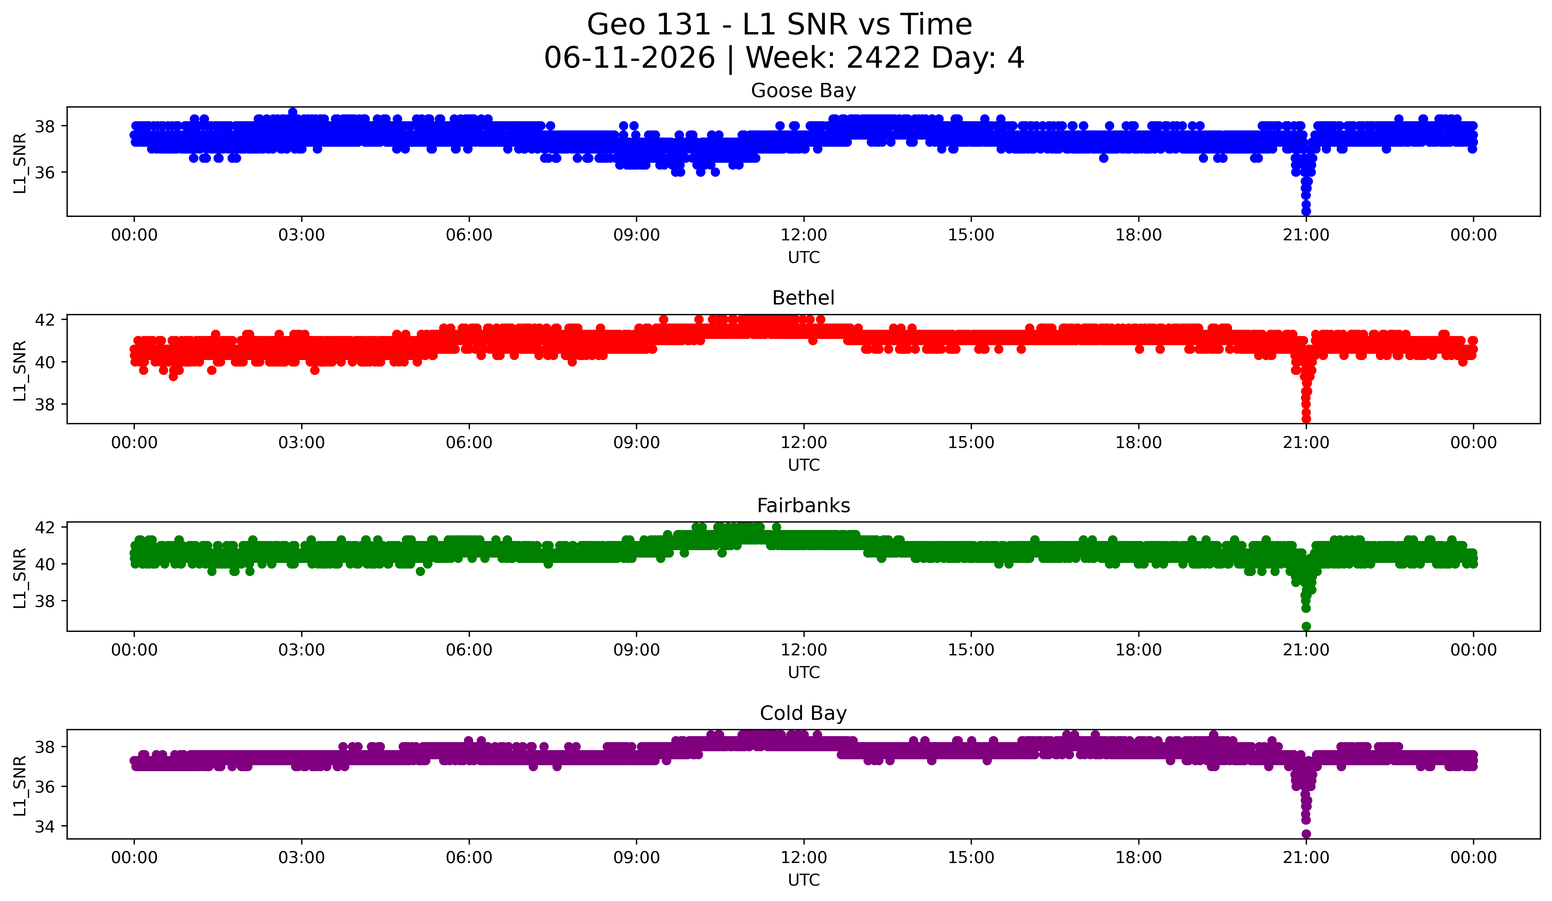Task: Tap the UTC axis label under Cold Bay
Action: click(804, 880)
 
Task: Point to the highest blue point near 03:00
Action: click(293, 112)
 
